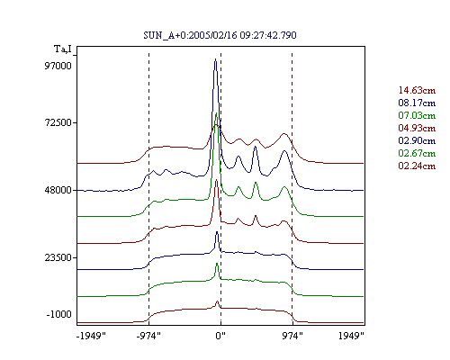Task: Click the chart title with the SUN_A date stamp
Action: point(220,35)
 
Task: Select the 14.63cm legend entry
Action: point(417,90)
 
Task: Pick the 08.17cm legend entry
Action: point(417,103)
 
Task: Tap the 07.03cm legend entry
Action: point(417,115)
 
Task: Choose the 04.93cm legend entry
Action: point(417,128)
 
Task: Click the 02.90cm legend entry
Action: point(417,140)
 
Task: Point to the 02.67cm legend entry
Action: point(417,153)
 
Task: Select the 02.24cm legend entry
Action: point(417,166)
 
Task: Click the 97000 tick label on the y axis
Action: point(58,66)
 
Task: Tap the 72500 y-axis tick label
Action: point(58,122)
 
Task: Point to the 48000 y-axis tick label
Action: point(58,190)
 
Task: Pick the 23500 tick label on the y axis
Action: point(58,257)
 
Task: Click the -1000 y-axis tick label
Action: point(58,314)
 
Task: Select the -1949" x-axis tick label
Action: point(91,336)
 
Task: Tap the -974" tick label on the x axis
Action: point(148,336)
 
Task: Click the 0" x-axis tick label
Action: point(220,336)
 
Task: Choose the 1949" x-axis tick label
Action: point(351,336)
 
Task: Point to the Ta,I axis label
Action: point(63,49)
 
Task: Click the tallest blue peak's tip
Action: point(215,59)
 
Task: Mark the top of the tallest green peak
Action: point(216,113)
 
